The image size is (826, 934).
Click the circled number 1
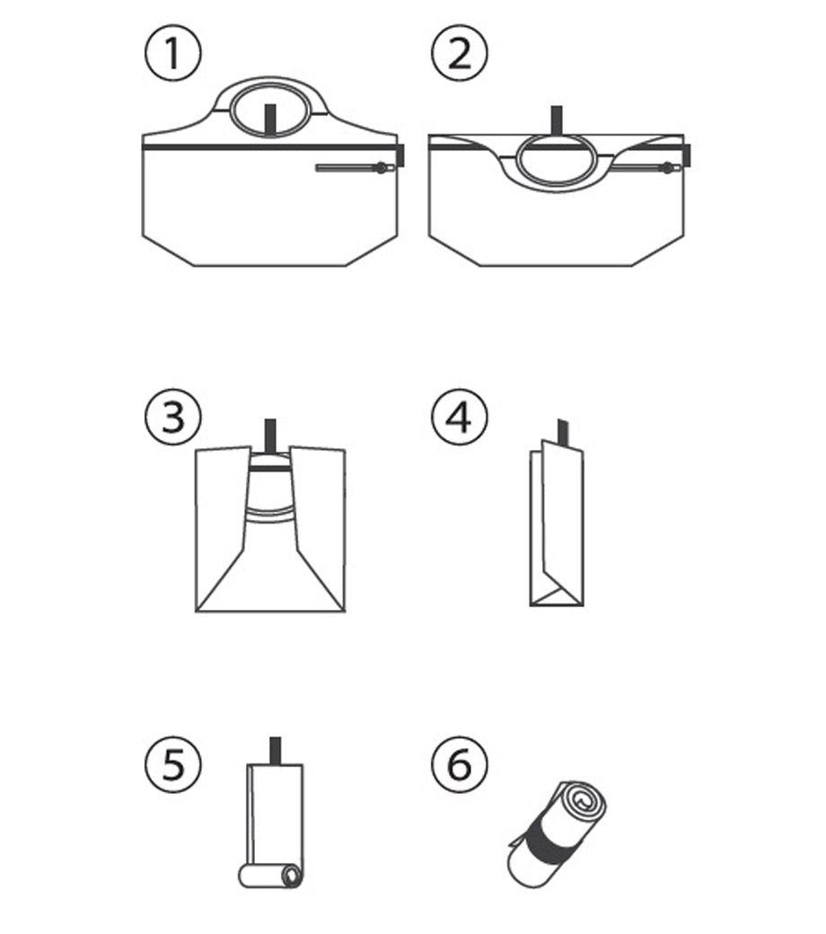pyautogui.click(x=173, y=53)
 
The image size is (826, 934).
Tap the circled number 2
pyautogui.click(x=459, y=53)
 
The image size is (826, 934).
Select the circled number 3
pyautogui.click(x=173, y=417)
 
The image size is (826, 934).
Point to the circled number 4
pyautogui.click(x=459, y=417)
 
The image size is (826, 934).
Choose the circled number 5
pyautogui.click(x=173, y=764)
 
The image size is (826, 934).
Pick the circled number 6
pyautogui.click(x=459, y=764)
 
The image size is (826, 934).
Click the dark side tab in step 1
pyautogui.click(x=400, y=154)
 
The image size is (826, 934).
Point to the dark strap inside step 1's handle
pyautogui.click(x=269, y=119)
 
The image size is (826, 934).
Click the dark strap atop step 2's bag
pyautogui.click(x=557, y=120)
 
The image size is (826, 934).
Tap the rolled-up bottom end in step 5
pyautogui.click(x=271, y=877)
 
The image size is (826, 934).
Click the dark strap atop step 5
pyautogui.click(x=276, y=751)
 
